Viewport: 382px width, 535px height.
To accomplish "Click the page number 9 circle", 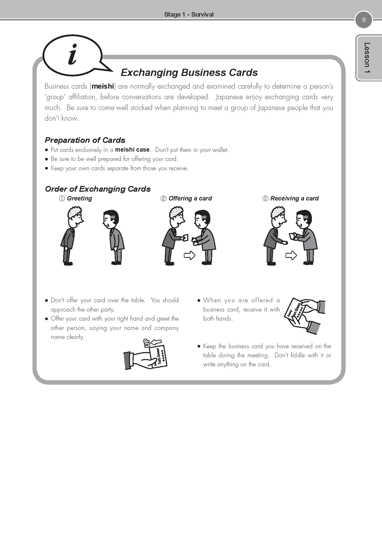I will [364, 20].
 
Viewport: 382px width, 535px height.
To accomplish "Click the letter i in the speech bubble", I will [73, 55].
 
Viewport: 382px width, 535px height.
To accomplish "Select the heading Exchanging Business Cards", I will [189, 72].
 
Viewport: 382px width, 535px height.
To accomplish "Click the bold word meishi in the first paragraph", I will [103, 86].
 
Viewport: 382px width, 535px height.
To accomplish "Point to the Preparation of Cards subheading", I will [85, 140].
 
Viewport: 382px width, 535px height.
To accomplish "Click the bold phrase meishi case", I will [132, 150].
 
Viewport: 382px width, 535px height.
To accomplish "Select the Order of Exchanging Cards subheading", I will [98, 189].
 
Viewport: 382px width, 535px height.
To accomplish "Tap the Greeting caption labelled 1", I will [76, 199].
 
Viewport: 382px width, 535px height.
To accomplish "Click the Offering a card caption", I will [186, 199].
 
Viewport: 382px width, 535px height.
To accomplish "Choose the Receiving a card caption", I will [291, 199].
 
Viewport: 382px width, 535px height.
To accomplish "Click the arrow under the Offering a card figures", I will [189, 255].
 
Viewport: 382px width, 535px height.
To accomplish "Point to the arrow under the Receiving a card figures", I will [291, 255].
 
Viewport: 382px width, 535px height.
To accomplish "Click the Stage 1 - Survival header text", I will [189, 14].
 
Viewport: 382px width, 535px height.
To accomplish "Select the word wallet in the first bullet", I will [220, 150].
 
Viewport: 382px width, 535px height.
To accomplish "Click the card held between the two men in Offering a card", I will [185, 238].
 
